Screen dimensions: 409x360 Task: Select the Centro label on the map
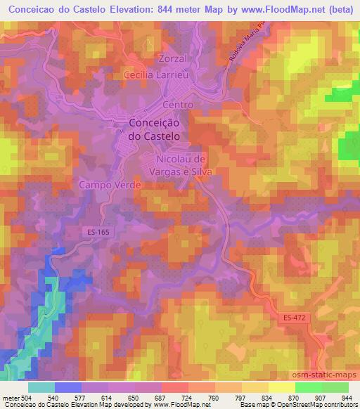[177, 105]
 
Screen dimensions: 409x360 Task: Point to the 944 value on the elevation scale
[346, 397]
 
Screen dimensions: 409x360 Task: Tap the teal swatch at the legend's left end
[41, 387]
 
